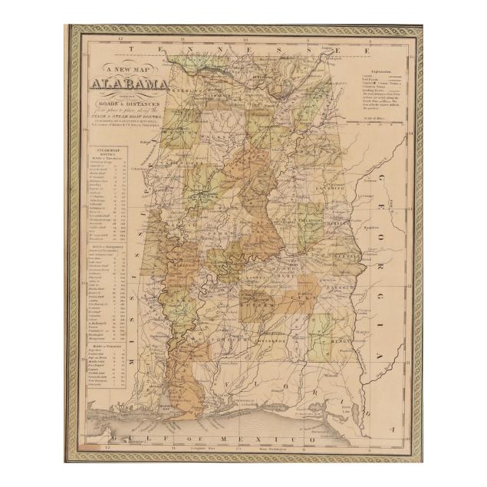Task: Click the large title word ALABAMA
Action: [x=130, y=84]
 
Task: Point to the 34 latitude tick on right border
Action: [x=411, y=133]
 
